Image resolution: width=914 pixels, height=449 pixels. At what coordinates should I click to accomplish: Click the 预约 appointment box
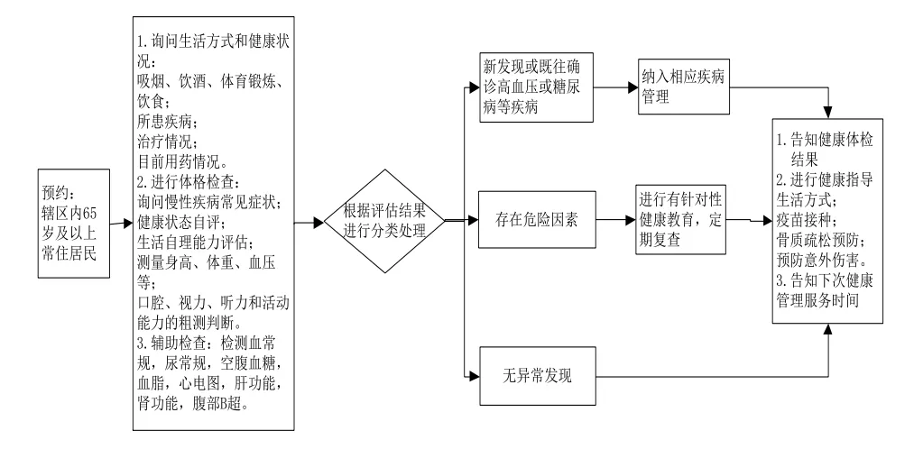tap(74, 223)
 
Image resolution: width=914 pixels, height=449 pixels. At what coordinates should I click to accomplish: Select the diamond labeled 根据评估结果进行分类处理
tap(384, 221)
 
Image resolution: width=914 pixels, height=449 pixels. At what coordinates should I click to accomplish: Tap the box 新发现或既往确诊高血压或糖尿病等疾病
tap(536, 87)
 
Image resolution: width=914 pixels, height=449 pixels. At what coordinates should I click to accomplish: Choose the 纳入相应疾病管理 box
tap(683, 87)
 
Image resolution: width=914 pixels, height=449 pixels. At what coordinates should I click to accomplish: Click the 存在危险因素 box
tap(538, 220)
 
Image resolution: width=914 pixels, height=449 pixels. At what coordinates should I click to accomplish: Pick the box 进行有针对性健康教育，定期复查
tap(681, 220)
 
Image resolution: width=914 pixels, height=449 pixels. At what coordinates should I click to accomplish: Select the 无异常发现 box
tap(538, 376)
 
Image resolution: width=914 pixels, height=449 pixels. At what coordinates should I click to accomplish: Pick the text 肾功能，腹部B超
tap(194, 404)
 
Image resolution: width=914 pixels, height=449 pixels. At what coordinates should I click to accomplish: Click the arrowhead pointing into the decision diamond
tap(319, 223)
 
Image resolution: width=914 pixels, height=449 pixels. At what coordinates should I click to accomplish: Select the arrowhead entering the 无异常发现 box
tap(474, 376)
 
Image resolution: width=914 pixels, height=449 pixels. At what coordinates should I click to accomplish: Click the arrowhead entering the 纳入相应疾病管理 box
tap(632, 87)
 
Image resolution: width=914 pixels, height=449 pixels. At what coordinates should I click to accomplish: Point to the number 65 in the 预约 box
tap(92, 211)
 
